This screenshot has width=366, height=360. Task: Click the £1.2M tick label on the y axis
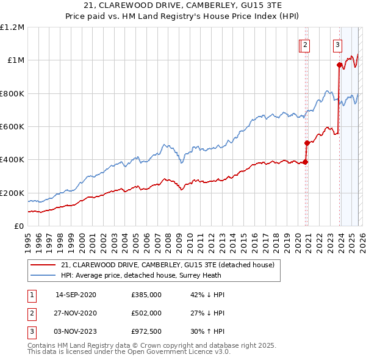click(12, 27)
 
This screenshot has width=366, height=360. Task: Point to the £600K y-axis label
click(12, 127)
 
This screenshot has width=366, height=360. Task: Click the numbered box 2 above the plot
click(305, 45)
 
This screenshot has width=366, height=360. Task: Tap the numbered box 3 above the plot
click(338, 45)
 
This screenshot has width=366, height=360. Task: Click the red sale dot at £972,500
click(339, 65)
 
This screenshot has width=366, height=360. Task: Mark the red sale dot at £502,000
click(307, 143)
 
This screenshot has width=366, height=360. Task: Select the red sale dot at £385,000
click(305, 162)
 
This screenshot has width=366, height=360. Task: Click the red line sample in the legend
click(43, 265)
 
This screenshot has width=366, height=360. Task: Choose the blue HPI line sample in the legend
click(43, 275)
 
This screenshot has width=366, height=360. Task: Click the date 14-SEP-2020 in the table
click(76, 295)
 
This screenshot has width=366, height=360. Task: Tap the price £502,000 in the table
click(146, 313)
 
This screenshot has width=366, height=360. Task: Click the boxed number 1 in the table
click(31, 295)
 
